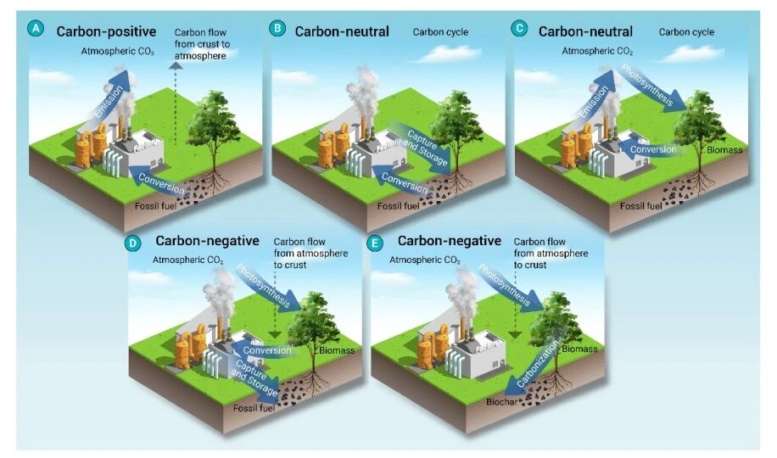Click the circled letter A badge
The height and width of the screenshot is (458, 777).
[x=35, y=29]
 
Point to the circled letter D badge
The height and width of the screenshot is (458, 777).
[x=132, y=243]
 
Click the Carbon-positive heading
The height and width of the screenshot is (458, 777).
[x=107, y=31]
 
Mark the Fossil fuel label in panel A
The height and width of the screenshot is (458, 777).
[x=159, y=204]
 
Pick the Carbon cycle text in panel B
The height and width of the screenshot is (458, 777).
[x=440, y=32]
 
